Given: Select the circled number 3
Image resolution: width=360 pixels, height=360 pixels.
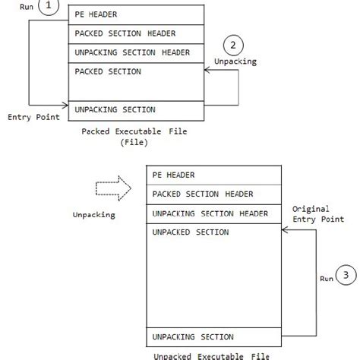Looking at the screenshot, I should [344, 278].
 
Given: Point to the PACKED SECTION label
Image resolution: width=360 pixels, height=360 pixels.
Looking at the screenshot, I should [108, 71].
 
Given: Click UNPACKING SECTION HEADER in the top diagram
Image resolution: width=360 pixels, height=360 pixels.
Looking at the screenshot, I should [132, 52].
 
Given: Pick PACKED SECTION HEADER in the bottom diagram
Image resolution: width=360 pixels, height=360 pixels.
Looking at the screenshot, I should [203, 194].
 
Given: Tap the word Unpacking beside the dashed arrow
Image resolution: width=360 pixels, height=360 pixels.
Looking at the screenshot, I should [93, 215].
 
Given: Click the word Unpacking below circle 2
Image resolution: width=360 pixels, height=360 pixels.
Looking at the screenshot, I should [235, 62].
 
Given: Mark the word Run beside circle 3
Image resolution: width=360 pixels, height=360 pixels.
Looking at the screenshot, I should [326, 279].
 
